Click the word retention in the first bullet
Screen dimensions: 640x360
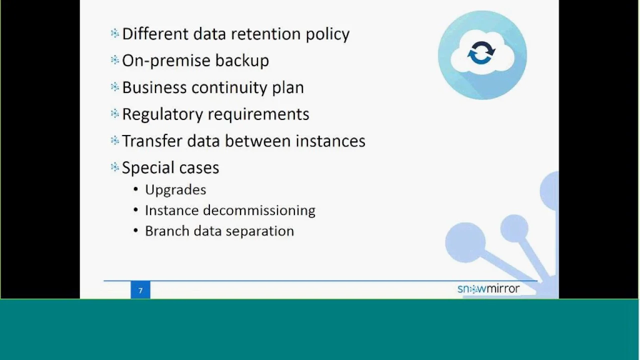pos(265,34)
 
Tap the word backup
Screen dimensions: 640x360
pos(242,61)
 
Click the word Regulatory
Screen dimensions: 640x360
pos(162,114)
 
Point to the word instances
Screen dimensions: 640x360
pos(330,141)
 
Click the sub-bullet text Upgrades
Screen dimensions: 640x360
pos(175,190)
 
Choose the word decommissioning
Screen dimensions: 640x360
pos(259,210)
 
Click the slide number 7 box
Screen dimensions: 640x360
pos(140,290)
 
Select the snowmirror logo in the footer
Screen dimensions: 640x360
pos(488,289)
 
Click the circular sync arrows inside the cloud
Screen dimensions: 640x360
pos(481,53)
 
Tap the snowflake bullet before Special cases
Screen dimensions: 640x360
pos(115,167)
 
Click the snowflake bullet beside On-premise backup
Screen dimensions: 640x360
pos(115,60)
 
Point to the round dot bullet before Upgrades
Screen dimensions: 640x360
pos(136,189)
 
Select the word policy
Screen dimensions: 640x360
pos(327,35)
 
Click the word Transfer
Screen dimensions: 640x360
pos(152,141)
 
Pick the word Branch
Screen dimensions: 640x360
pos(167,231)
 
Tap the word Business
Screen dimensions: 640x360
pos(154,87)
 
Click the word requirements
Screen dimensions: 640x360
pos(258,115)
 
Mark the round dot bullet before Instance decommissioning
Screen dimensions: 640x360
pos(136,210)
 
